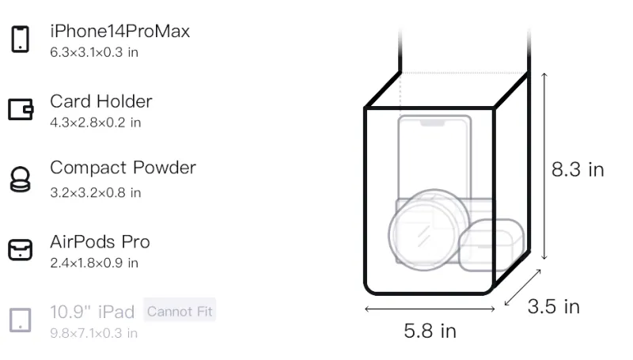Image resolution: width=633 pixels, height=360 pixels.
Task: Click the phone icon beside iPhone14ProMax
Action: click(21, 39)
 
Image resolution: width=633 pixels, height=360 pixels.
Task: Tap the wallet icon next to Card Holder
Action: click(21, 109)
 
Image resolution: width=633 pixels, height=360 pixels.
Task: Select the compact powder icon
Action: click(21, 179)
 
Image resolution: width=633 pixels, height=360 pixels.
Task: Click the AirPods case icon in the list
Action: click(21, 250)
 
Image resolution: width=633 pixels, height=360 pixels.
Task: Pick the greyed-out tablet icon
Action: click(21, 320)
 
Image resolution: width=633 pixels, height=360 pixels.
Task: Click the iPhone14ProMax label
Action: click(120, 31)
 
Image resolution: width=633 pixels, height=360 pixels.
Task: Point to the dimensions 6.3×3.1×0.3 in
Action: click(94, 52)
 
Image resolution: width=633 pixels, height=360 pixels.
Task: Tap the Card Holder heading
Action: click(101, 101)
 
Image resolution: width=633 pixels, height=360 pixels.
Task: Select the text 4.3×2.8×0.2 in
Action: click(95, 123)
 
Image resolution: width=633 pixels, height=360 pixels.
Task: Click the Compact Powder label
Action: click(123, 168)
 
